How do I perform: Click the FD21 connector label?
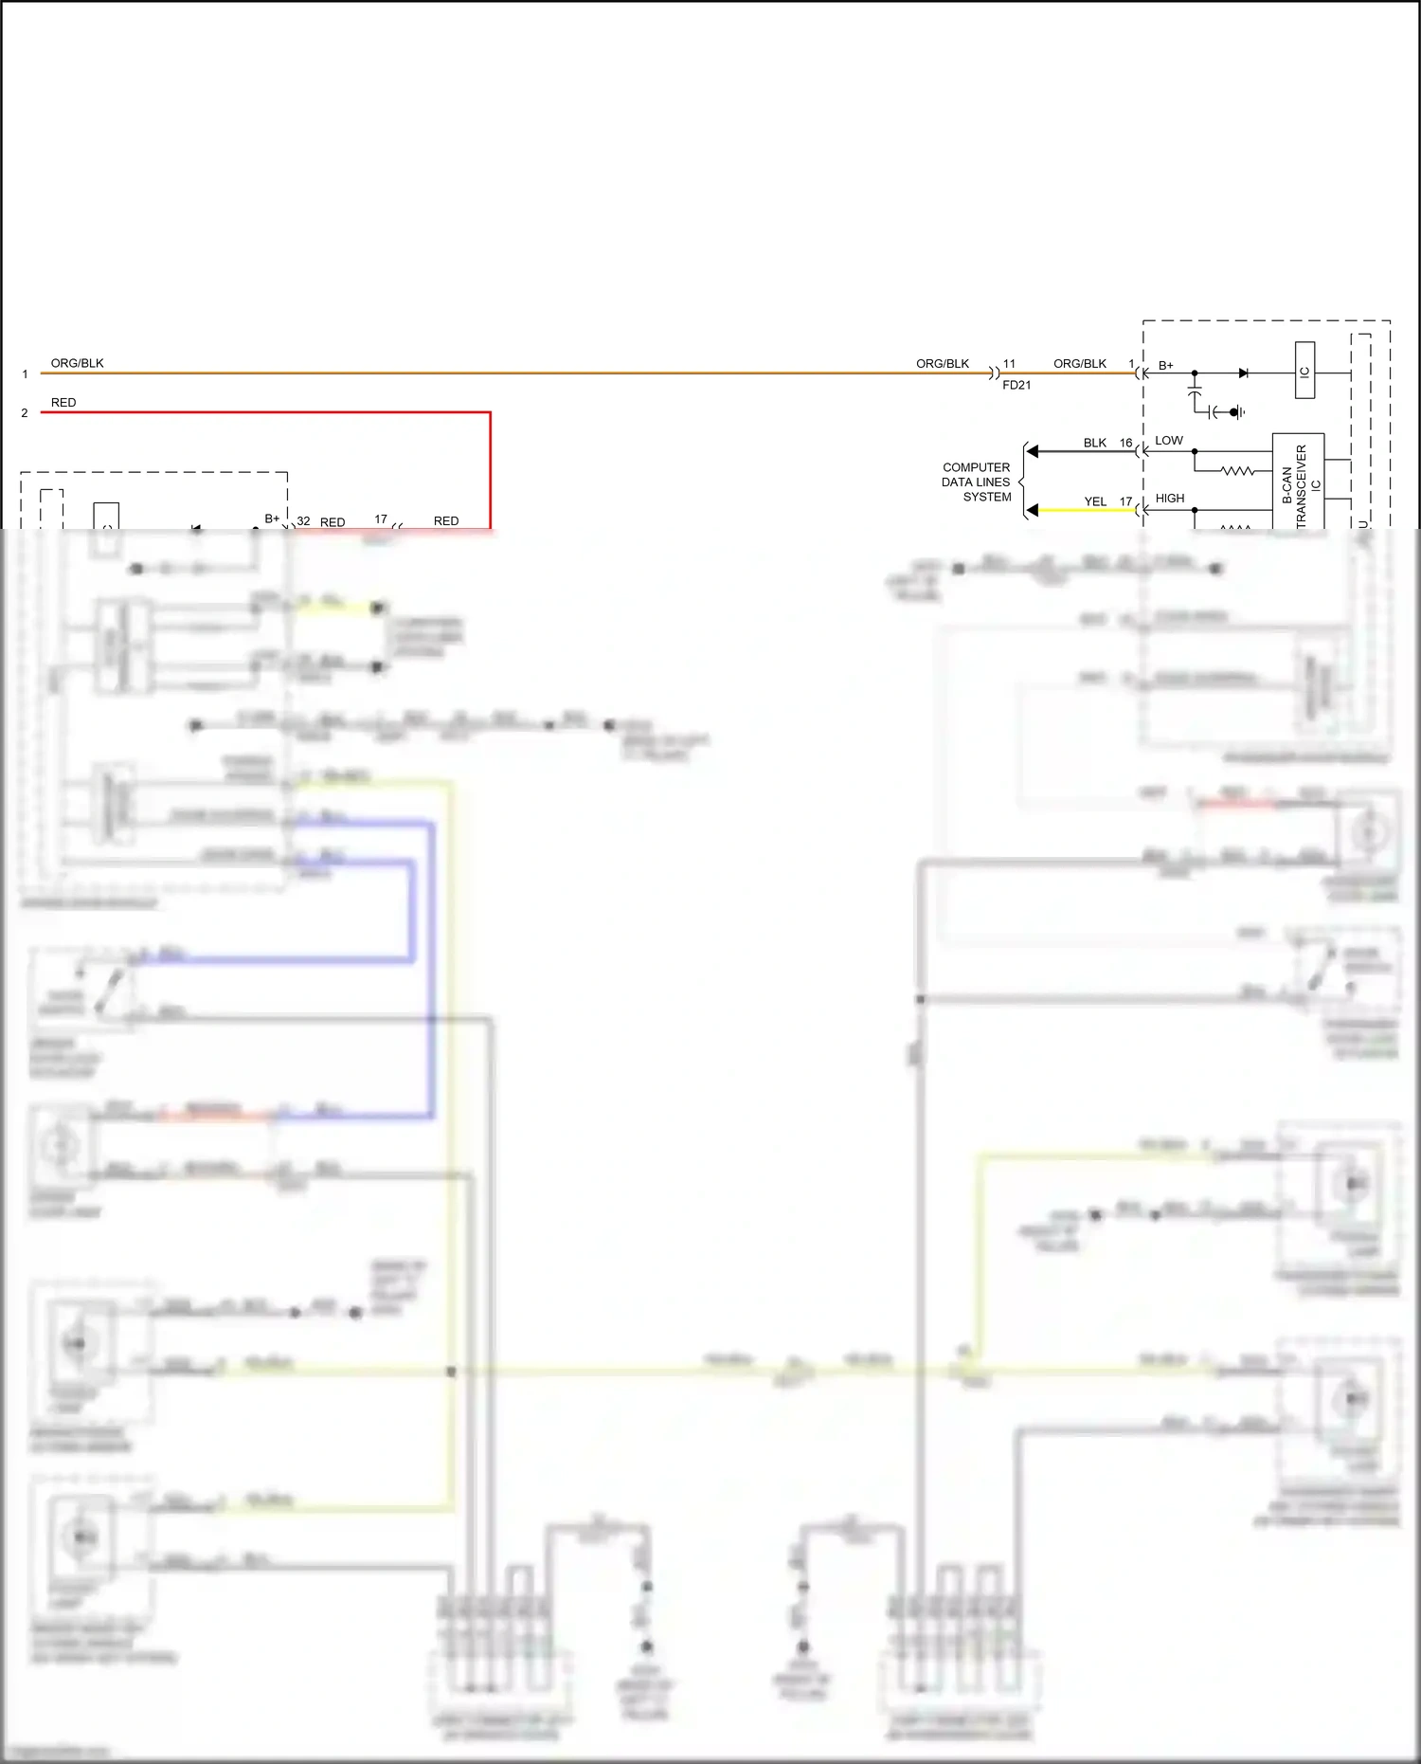(x=1016, y=385)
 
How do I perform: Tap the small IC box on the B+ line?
(x=1304, y=371)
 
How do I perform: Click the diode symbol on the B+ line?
(x=1244, y=373)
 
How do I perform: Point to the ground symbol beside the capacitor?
(x=1237, y=412)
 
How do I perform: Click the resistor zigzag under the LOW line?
(x=1237, y=470)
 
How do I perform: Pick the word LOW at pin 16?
(x=1168, y=441)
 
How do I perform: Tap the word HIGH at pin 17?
(x=1170, y=499)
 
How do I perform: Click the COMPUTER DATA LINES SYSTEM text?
(x=977, y=482)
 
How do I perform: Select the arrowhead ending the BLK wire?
(x=1033, y=452)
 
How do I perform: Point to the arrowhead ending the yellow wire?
(x=1033, y=510)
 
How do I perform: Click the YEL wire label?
(x=1095, y=501)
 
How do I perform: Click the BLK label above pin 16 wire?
(x=1095, y=443)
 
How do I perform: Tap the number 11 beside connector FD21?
(x=1009, y=364)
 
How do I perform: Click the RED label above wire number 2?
(x=63, y=403)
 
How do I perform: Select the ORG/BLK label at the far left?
(x=78, y=363)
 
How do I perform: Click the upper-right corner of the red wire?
(x=490, y=413)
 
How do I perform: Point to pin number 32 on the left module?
(x=303, y=521)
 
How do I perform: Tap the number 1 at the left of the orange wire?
(x=25, y=374)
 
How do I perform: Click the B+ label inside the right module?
(x=1166, y=366)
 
